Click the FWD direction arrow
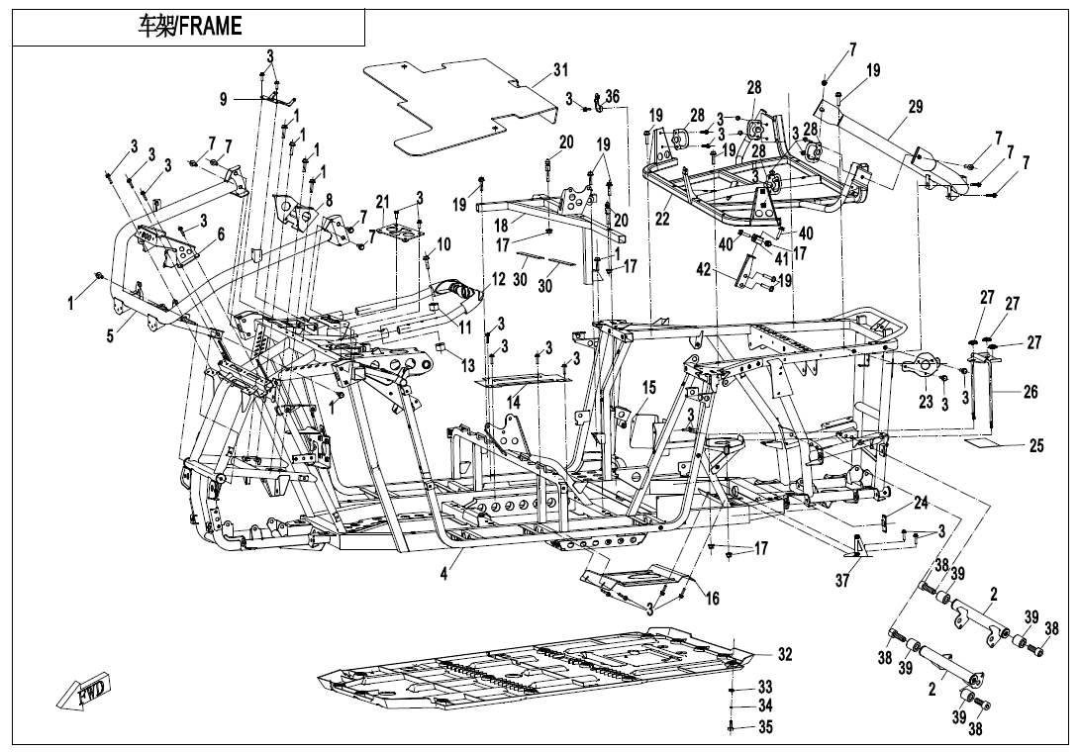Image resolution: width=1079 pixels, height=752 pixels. pos(86,692)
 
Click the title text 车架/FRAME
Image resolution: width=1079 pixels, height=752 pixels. pos(188,27)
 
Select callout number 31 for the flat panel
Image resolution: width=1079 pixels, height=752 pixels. pos(561,70)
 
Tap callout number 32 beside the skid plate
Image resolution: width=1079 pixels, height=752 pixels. pos(784,654)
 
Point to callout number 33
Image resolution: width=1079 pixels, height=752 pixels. pos(765,686)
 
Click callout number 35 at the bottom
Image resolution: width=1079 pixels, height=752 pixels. pos(765,727)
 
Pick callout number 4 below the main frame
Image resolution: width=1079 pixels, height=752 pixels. pos(444,573)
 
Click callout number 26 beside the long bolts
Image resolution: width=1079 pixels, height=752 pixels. pos(1030,392)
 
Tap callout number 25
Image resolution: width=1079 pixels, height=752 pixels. pos(1035,446)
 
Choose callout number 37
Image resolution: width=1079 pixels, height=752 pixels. pos(841,582)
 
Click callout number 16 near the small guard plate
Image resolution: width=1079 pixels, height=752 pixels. pos(712,597)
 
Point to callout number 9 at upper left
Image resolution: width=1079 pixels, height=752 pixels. pos(224,99)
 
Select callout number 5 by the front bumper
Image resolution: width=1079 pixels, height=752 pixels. pos(110,335)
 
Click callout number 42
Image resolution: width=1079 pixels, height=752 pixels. pos(704,269)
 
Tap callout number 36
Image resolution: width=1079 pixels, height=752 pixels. pos(612,96)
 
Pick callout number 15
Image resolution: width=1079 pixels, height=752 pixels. pos(649,387)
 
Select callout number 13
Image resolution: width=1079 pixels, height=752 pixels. pos(467,365)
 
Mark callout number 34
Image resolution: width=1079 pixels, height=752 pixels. pos(765,706)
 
